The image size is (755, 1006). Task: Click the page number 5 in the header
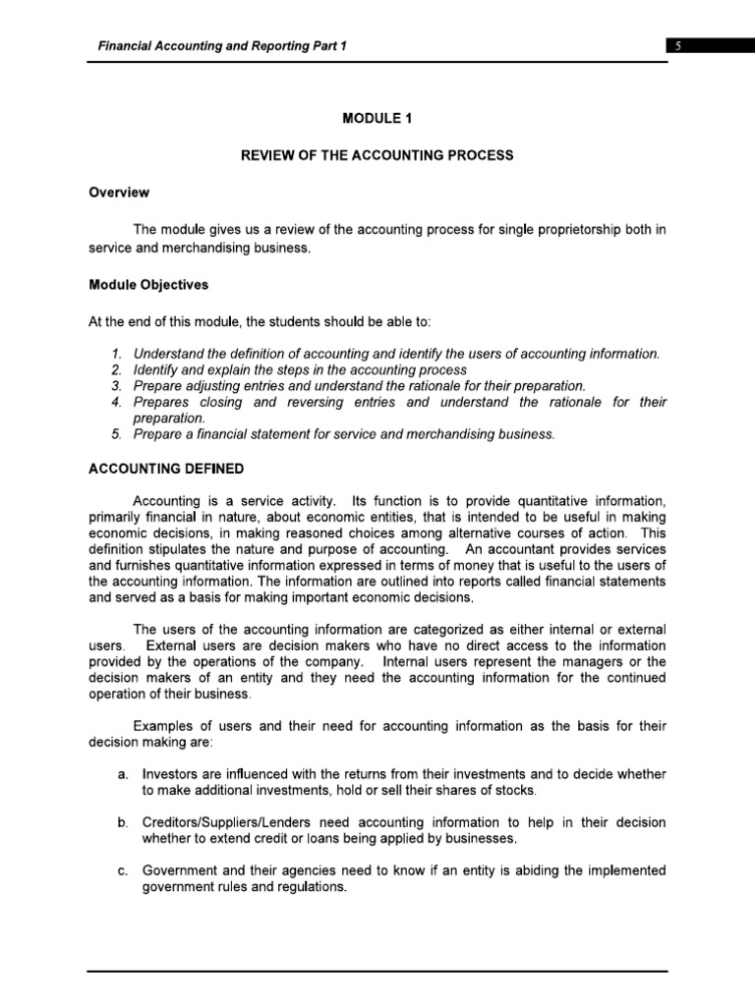[677, 46]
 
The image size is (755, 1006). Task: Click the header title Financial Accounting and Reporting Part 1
[221, 46]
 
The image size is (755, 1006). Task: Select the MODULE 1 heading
[377, 119]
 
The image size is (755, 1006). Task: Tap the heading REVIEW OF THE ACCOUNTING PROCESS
[377, 156]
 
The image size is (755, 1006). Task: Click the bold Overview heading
[119, 193]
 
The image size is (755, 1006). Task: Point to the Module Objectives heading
[147, 285]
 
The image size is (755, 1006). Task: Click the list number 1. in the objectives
[116, 354]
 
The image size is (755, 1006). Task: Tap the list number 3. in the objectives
[116, 386]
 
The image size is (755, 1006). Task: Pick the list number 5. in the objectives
[116, 434]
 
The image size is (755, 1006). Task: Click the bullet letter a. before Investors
[122, 775]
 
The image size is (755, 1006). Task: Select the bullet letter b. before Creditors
[122, 822]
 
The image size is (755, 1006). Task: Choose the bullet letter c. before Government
[122, 870]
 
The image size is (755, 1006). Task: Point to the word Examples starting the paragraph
[162, 726]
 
